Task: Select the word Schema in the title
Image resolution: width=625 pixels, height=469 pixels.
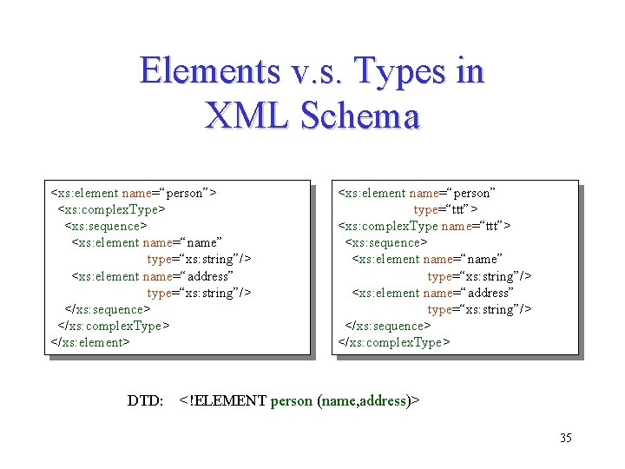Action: (360, 116)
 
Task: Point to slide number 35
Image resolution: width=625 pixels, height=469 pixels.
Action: (565, 438)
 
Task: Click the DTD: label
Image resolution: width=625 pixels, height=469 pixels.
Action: (145, 400)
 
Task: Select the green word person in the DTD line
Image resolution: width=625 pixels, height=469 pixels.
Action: (291, 400)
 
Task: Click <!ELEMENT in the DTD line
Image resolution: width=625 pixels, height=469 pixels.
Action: (223, 400)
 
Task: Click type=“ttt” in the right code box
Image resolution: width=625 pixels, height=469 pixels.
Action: (445, 209)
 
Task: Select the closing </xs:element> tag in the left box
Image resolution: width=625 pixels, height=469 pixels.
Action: (90, 342)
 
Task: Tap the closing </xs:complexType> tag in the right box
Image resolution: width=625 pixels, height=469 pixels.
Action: (393, 342)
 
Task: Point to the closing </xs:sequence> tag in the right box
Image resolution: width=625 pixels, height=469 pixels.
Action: (387, 326)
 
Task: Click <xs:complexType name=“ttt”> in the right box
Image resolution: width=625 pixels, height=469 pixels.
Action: (424, 226)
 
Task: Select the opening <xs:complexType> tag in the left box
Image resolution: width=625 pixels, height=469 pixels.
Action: (111, 209)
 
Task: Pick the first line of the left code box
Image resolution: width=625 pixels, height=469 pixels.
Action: (134, 193)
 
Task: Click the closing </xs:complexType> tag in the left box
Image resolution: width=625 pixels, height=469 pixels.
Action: (113, 326)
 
